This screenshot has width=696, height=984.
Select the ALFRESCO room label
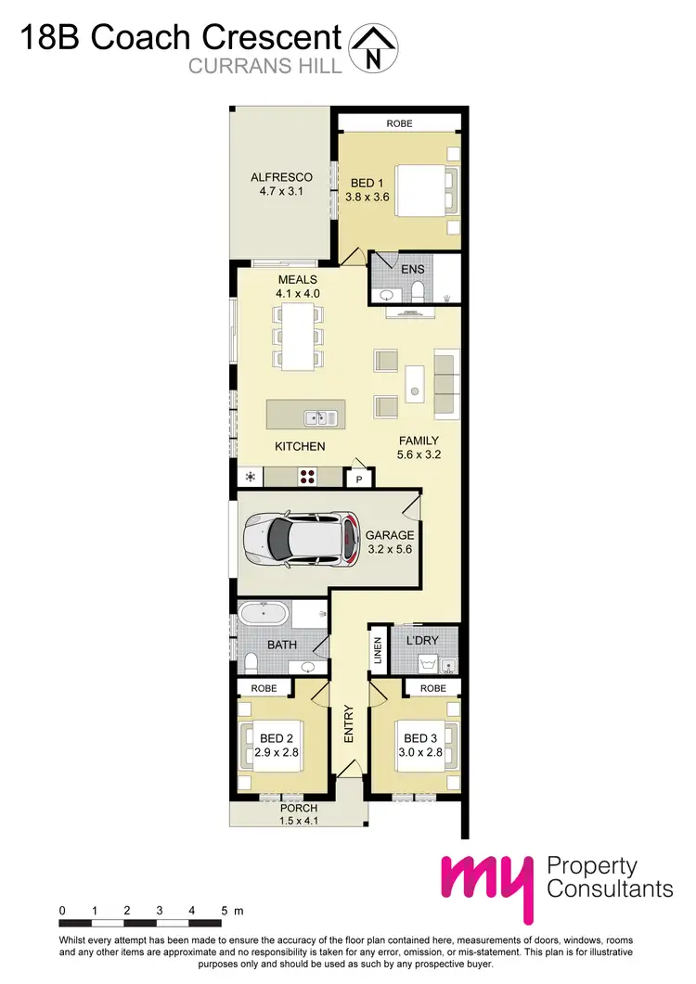pos(281,177)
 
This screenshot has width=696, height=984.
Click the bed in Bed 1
pos(424,190)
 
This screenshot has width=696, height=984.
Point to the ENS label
pos(412,269)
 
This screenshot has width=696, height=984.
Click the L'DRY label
pos(422,641)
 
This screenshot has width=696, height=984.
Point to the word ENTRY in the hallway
pos(349,723)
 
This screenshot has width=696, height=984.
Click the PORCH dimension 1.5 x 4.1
pos(298,820)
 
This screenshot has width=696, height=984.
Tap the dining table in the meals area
pos(297,335)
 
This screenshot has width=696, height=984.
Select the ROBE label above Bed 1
pos(399,123)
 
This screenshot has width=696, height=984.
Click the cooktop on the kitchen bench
pos(307,477)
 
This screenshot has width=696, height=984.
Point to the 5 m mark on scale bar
pos(224,912)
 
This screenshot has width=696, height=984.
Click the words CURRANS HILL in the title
pos(264,65)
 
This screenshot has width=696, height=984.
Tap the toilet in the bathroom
pos(251,662)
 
